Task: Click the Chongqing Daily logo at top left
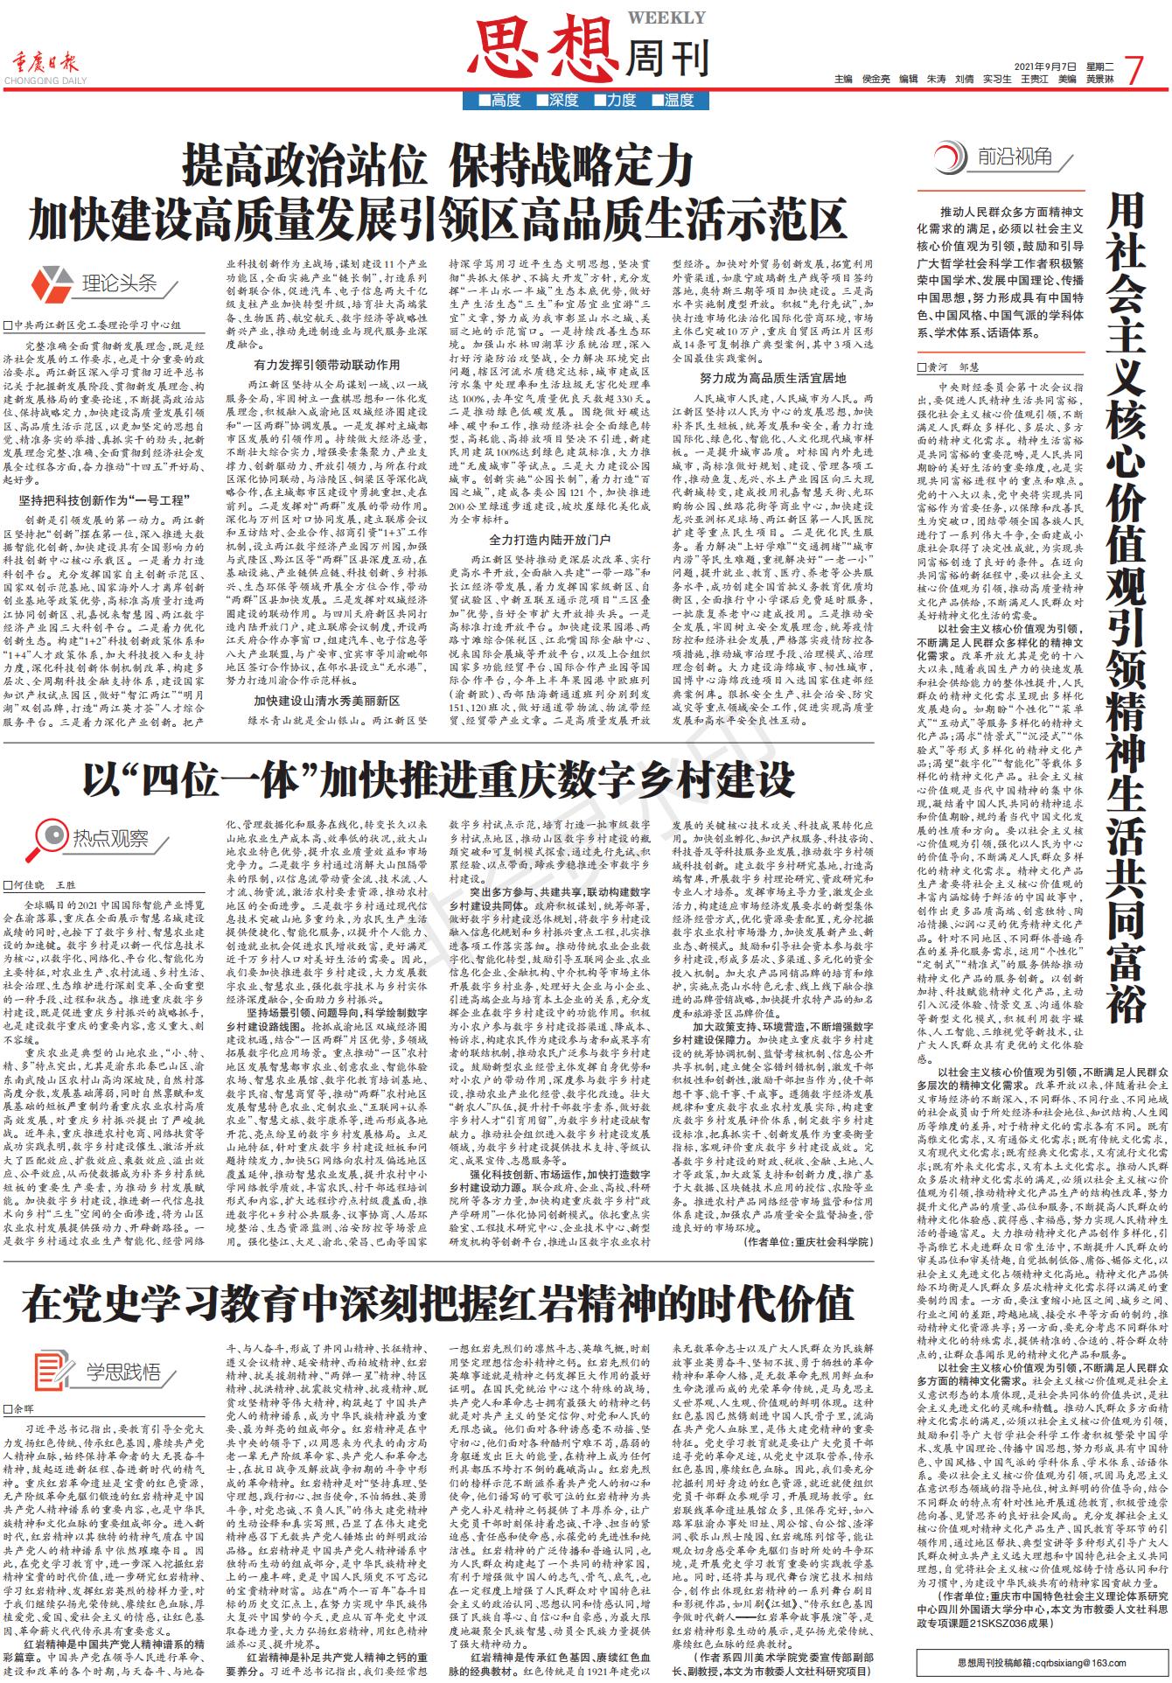(45, 66)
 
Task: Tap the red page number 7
(1134, 70)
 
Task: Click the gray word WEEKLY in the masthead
(679, 17)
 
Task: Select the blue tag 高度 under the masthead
(499, 100)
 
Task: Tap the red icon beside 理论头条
(52, 283)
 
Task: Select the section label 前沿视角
(1015, 157)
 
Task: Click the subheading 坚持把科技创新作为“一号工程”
(103, 500)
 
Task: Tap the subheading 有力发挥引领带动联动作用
(327, 364)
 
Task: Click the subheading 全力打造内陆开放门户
(549, 539)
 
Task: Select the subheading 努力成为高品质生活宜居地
(772, 378)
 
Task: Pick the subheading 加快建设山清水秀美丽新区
(327, 701)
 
